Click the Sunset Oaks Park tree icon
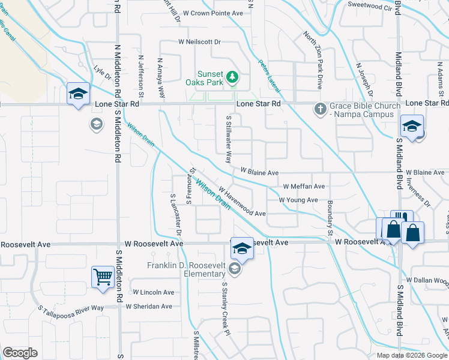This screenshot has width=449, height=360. pos(235,77)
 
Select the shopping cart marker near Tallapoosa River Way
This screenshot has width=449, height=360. pos(103,277)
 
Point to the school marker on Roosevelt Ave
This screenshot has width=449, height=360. pos(242,247)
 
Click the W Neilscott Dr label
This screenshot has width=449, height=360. pos(200,42)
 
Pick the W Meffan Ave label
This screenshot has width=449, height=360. pos(304,186)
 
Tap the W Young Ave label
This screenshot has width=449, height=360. pos(298,200)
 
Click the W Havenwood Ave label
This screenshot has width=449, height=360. pos(242,201)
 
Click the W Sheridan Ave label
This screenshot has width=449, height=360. pos(148,307)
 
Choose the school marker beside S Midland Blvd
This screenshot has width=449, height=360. pos(412,126)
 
